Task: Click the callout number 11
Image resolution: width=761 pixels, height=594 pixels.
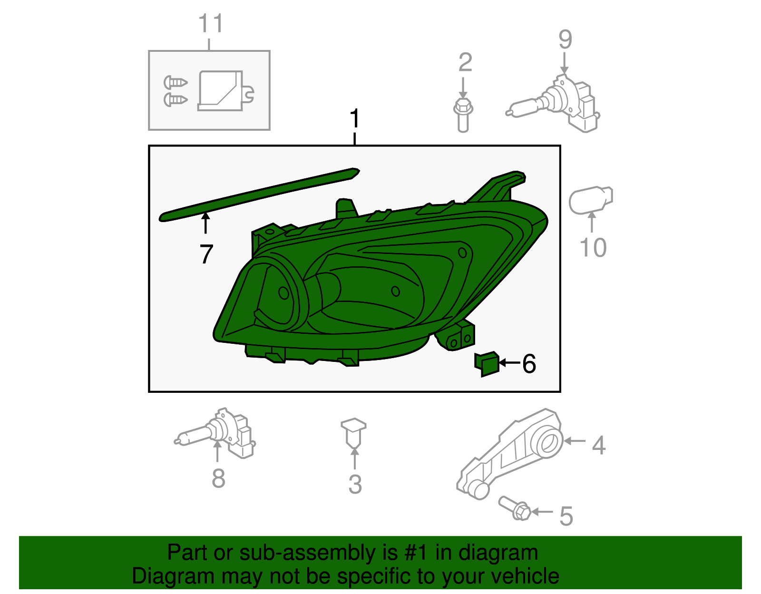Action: [x=210, y=24]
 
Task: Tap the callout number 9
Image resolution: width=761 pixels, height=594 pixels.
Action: [x=565, y=40]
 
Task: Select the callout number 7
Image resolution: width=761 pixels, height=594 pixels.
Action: [x=205, y=254]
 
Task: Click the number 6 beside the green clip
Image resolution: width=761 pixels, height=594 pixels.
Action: [x=529, y=364]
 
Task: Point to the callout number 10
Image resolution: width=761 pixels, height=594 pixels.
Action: [x=593, y=248]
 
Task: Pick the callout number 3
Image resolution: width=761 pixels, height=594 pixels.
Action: [x=355, y=485]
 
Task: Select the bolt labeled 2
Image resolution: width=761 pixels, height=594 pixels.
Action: [x=463, y=114]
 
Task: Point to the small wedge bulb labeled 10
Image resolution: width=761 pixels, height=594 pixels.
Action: [x=590, y=201]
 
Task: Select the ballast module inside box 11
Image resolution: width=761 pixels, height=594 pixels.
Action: [x=221, y=91]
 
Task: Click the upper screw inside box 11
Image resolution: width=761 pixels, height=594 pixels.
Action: [x=176, y=82]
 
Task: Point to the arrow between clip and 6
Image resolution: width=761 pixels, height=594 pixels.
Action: [x=509, y=363]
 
